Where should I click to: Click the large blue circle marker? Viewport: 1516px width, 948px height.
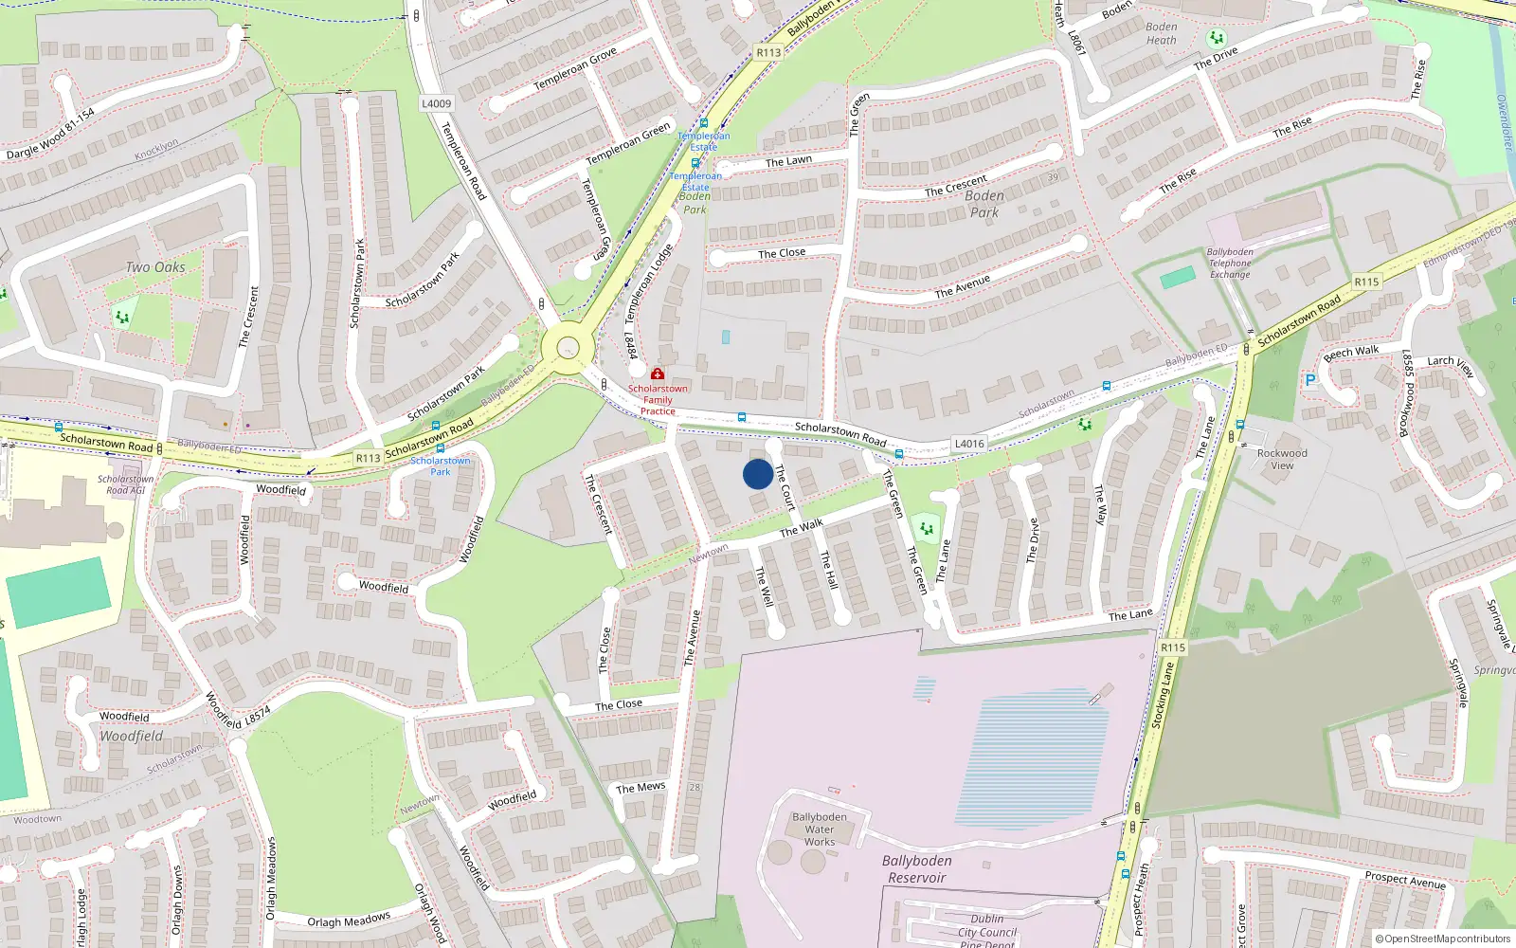[758, 474]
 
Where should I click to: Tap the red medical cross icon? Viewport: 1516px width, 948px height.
[658, 374]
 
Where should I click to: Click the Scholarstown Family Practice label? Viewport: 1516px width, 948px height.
[658, 399]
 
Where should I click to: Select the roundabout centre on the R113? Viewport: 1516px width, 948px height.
[568, 348]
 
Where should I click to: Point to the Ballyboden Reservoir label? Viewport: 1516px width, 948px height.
[916, 869]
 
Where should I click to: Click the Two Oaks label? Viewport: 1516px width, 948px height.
[155, 267]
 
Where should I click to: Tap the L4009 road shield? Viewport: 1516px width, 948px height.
[436, 103]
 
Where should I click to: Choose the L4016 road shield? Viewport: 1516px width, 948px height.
[969, 444]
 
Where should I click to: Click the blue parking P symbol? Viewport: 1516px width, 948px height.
[1310, 380]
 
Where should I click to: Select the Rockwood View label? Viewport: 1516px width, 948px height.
[1282, 459]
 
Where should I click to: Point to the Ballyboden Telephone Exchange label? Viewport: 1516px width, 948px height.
[1230, 264]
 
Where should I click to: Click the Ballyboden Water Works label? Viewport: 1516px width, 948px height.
[820, 829]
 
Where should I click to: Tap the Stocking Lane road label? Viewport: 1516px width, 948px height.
[1163, 696]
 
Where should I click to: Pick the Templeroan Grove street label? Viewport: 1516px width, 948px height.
[575, 69]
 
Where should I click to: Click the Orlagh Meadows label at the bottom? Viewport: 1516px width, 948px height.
[349, 921]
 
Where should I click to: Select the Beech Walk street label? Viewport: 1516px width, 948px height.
[1351, 353]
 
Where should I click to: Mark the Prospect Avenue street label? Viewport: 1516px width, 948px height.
[1405, 880]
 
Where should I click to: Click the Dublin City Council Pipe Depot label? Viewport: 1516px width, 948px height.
[986, 931]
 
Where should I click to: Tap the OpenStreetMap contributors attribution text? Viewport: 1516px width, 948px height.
[1443, 939]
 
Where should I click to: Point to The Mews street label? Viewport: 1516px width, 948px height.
[641, 788]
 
